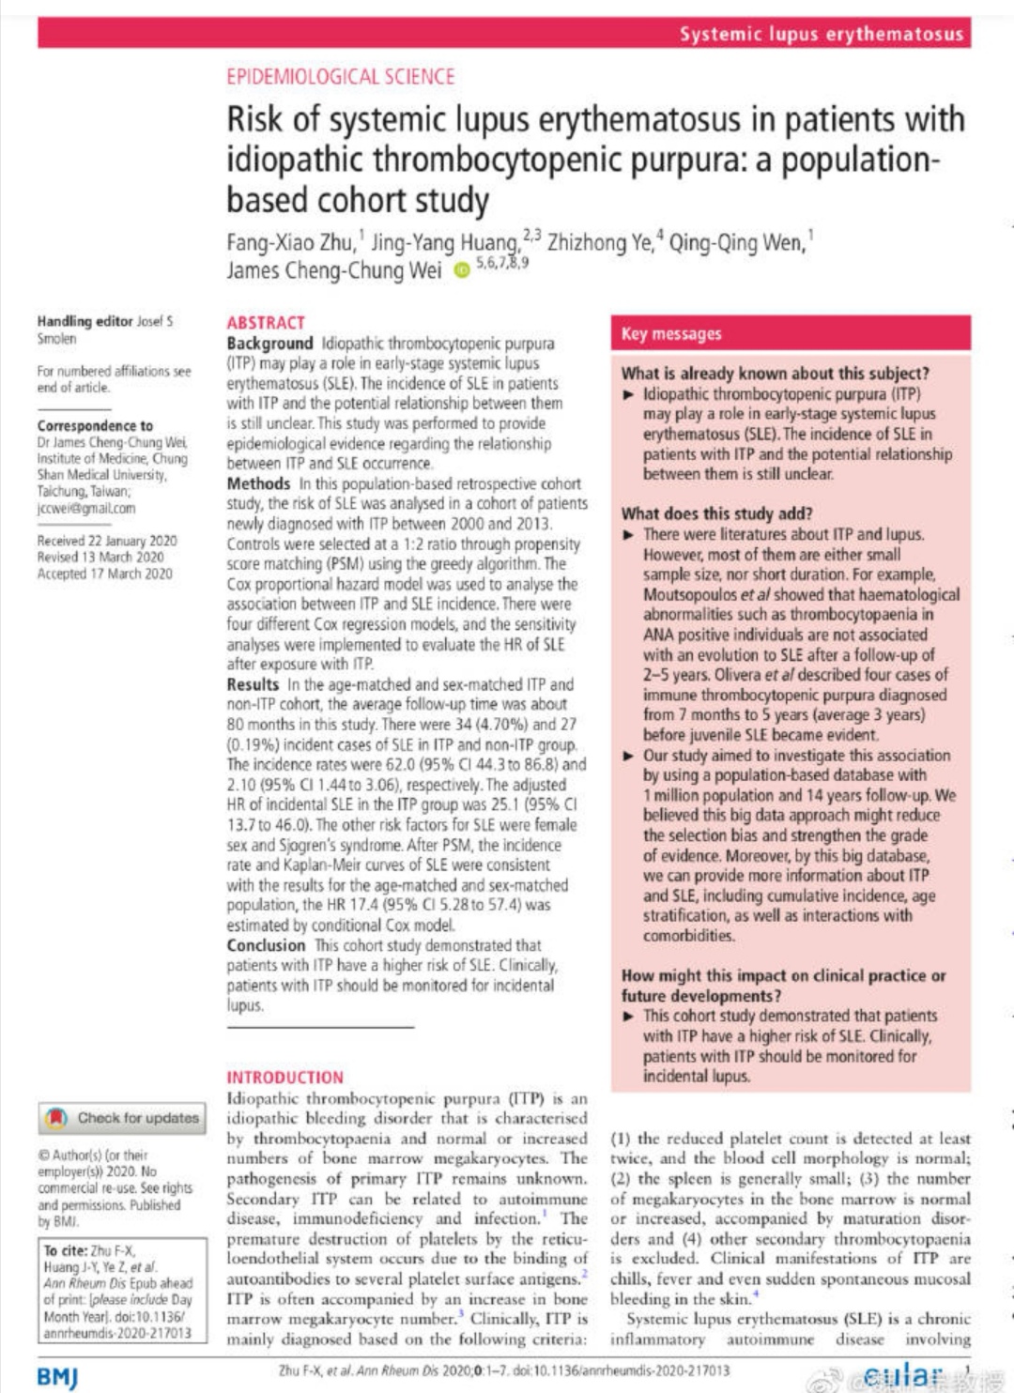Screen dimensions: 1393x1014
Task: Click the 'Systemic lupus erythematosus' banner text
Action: pos(822,35)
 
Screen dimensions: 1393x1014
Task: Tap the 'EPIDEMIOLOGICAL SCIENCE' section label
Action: pos(340,77)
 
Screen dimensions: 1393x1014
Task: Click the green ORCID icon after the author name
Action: pos(461,270)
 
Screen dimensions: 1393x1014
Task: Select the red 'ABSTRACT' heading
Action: pos(266,322)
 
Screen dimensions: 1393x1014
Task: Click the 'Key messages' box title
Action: pos(671,334)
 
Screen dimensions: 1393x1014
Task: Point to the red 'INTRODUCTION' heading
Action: pos(284,1077)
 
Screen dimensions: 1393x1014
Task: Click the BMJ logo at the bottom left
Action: pos(57,1376)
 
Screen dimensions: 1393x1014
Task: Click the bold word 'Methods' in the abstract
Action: pos(258,483)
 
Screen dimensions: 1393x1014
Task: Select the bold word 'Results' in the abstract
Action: pos(253,684)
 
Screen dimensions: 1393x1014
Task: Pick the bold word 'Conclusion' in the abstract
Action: pos(266,945)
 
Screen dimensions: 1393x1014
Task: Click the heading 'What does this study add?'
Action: pos(716,513)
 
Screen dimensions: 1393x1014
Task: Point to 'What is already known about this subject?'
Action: pos(775,374)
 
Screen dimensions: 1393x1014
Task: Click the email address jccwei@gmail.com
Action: pos(86,508)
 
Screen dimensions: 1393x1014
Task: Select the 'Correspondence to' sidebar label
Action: pos(95,425)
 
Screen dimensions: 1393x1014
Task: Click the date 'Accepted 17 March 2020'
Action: pos(105,574)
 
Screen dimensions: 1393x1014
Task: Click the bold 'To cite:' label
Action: pos(66,1250)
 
